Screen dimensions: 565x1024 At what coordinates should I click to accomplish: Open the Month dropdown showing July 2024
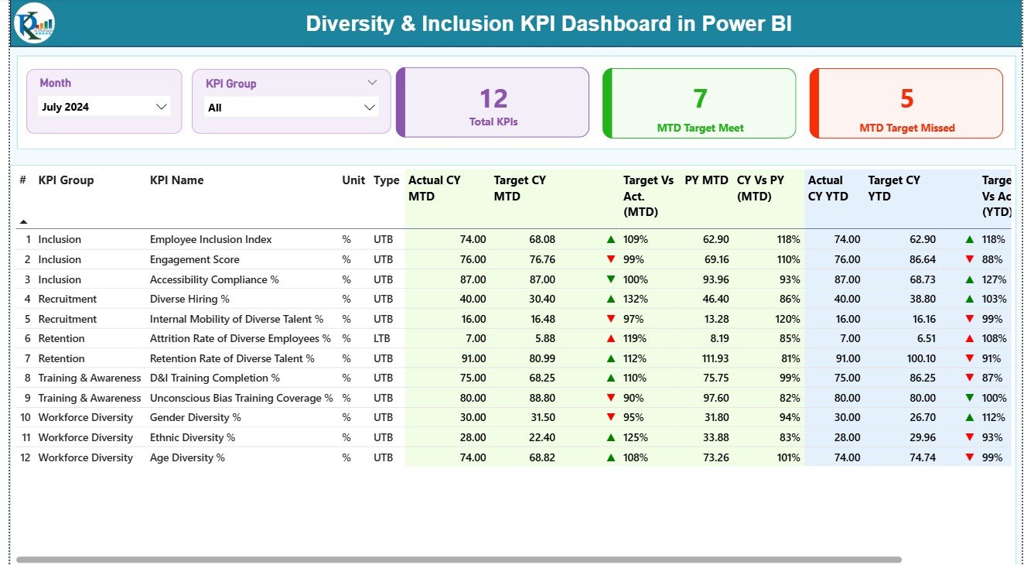[x=162, y=107]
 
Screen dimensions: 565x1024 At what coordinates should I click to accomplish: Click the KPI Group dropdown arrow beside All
[x=369, y=108]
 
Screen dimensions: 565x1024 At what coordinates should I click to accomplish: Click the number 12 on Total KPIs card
[x=493, y=99]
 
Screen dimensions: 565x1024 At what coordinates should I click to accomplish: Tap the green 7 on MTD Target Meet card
[x=699, y=99]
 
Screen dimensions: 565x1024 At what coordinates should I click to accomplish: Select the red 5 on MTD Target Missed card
[x=906, y=99]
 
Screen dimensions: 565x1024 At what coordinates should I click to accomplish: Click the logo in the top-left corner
[x=34, y=23]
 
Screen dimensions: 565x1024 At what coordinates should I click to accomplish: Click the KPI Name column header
[x=176, y=180]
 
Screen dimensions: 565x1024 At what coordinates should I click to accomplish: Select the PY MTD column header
[x=706, y=180]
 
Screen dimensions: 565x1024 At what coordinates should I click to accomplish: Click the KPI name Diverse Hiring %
[x=189, y=299]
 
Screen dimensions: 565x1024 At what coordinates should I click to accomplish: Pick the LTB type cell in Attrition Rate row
[x=383, y=338]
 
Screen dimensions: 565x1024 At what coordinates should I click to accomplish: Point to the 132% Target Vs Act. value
[x=636, y=299]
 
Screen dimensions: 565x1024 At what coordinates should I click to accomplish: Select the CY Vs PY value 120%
[x=787, y=319]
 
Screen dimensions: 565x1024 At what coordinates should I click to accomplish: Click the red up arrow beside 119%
[x=611, y=338]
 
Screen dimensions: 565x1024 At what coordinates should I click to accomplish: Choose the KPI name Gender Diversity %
[x=195, y=417]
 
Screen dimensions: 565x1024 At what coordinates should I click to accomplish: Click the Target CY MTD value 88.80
[x=542, y=398]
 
